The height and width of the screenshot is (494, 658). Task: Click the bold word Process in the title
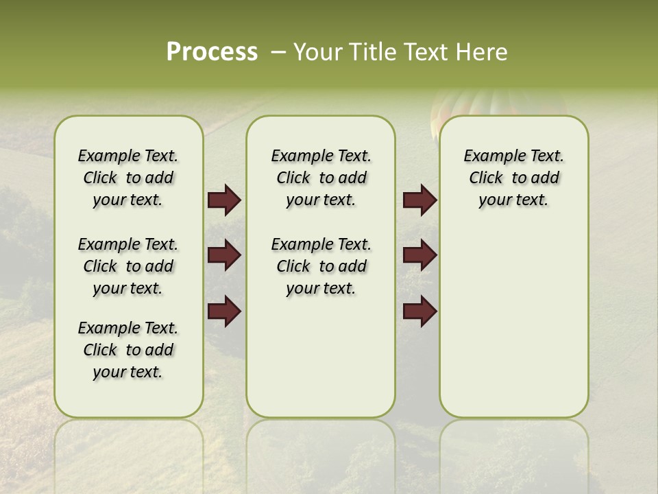point(212,52)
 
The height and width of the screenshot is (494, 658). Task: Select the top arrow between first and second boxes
point(224,200)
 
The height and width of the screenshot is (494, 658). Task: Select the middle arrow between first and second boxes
point(224,255)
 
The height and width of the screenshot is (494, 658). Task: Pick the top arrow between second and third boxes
point(419,200)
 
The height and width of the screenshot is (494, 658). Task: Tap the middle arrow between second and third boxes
point(419,255)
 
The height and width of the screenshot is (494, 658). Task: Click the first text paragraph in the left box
point(128,178)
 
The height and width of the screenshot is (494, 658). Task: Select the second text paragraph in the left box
point(128,266)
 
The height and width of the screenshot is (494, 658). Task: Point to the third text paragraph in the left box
point(128,350)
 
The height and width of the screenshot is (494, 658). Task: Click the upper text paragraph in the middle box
point(321,178)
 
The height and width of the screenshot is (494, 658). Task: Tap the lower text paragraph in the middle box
point(321,266)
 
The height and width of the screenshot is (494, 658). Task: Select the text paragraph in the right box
point(513,178)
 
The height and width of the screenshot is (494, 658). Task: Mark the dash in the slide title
point(278,52)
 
